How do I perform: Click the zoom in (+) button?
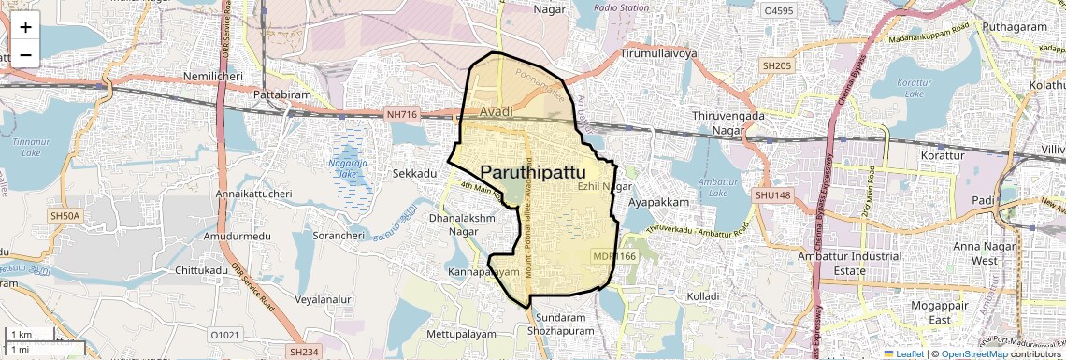25,26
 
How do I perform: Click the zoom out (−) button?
25,54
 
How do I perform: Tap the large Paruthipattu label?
533,173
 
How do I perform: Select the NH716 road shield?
401,115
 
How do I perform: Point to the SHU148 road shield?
772,194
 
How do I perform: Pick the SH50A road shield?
66,216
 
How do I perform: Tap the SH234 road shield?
303,352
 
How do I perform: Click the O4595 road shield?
778,11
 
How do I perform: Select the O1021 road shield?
225,334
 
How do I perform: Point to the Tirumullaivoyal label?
659,54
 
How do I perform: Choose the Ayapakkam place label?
658,202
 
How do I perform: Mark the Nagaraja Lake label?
348,167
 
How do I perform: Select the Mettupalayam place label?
466,333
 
